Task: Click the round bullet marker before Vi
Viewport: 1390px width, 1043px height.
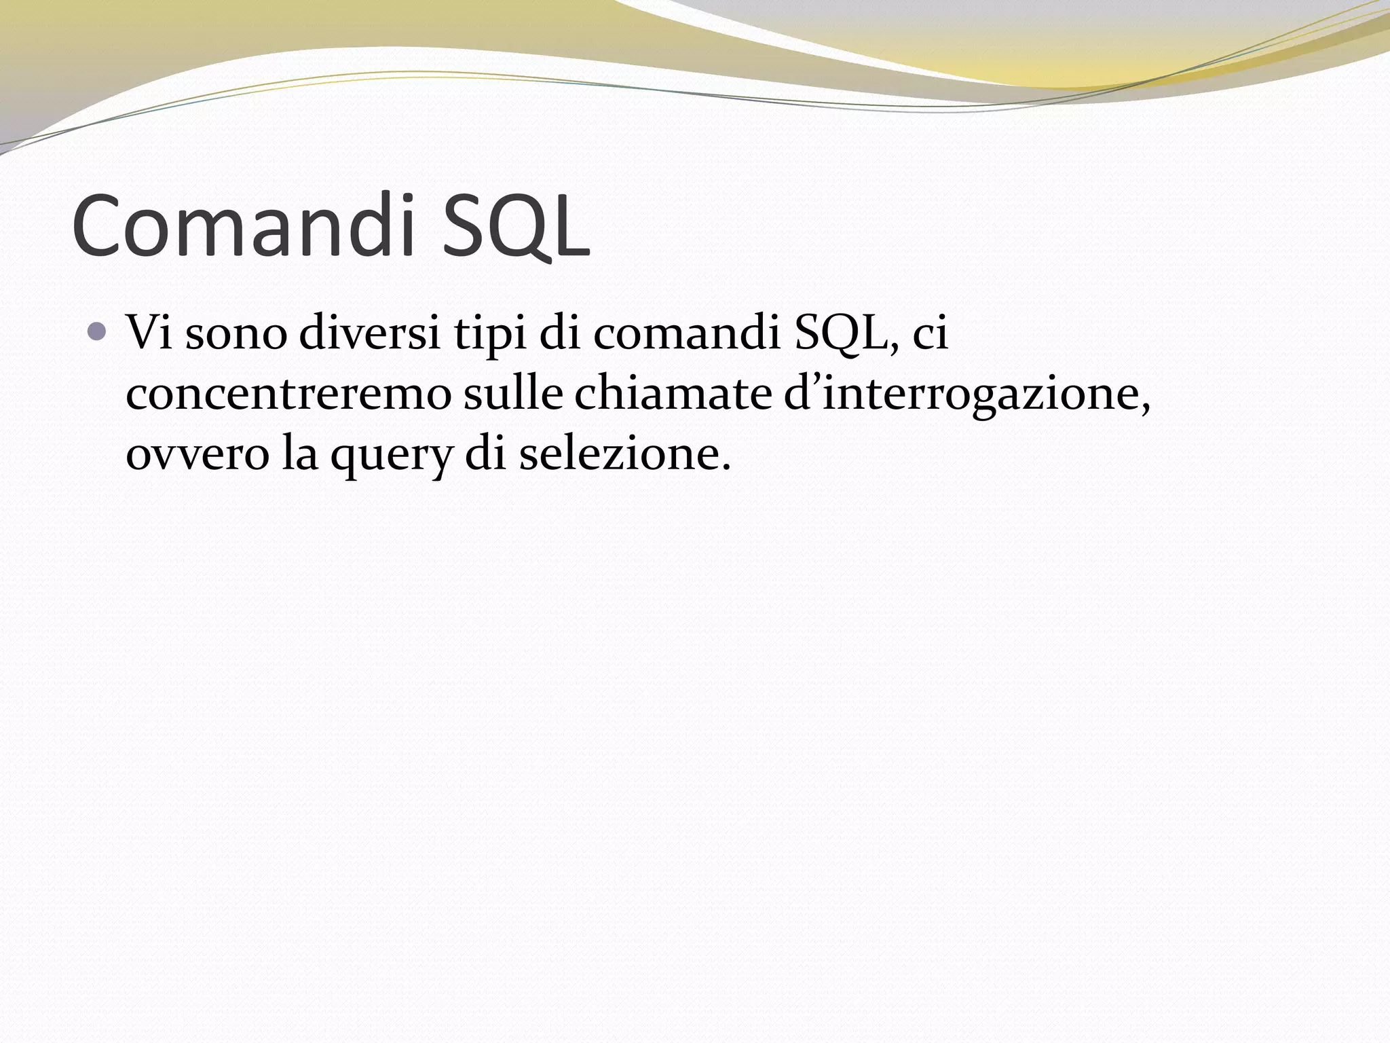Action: click(98, 332)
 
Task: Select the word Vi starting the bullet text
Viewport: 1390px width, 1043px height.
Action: click(149, 333)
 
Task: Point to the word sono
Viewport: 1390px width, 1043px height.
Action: click(236, 333)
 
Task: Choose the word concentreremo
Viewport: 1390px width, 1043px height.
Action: click(288, 393)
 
